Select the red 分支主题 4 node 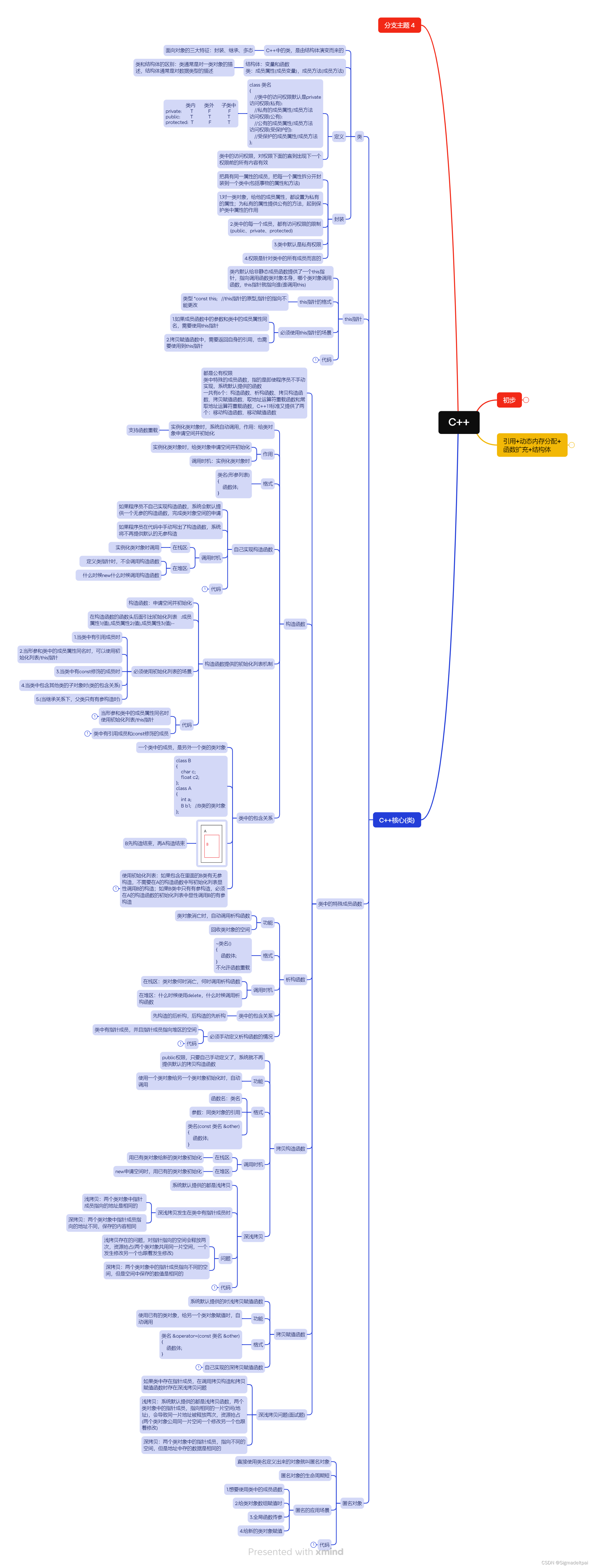399,25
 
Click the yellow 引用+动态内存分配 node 531,445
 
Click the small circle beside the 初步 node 526,400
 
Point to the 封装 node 339,219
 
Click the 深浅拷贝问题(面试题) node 281,1415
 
